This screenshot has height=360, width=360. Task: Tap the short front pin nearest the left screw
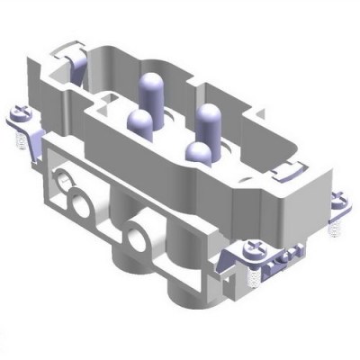coord(141,122)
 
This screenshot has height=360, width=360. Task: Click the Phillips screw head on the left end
coord(20,114)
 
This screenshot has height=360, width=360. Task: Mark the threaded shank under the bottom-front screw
coord(251,266)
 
